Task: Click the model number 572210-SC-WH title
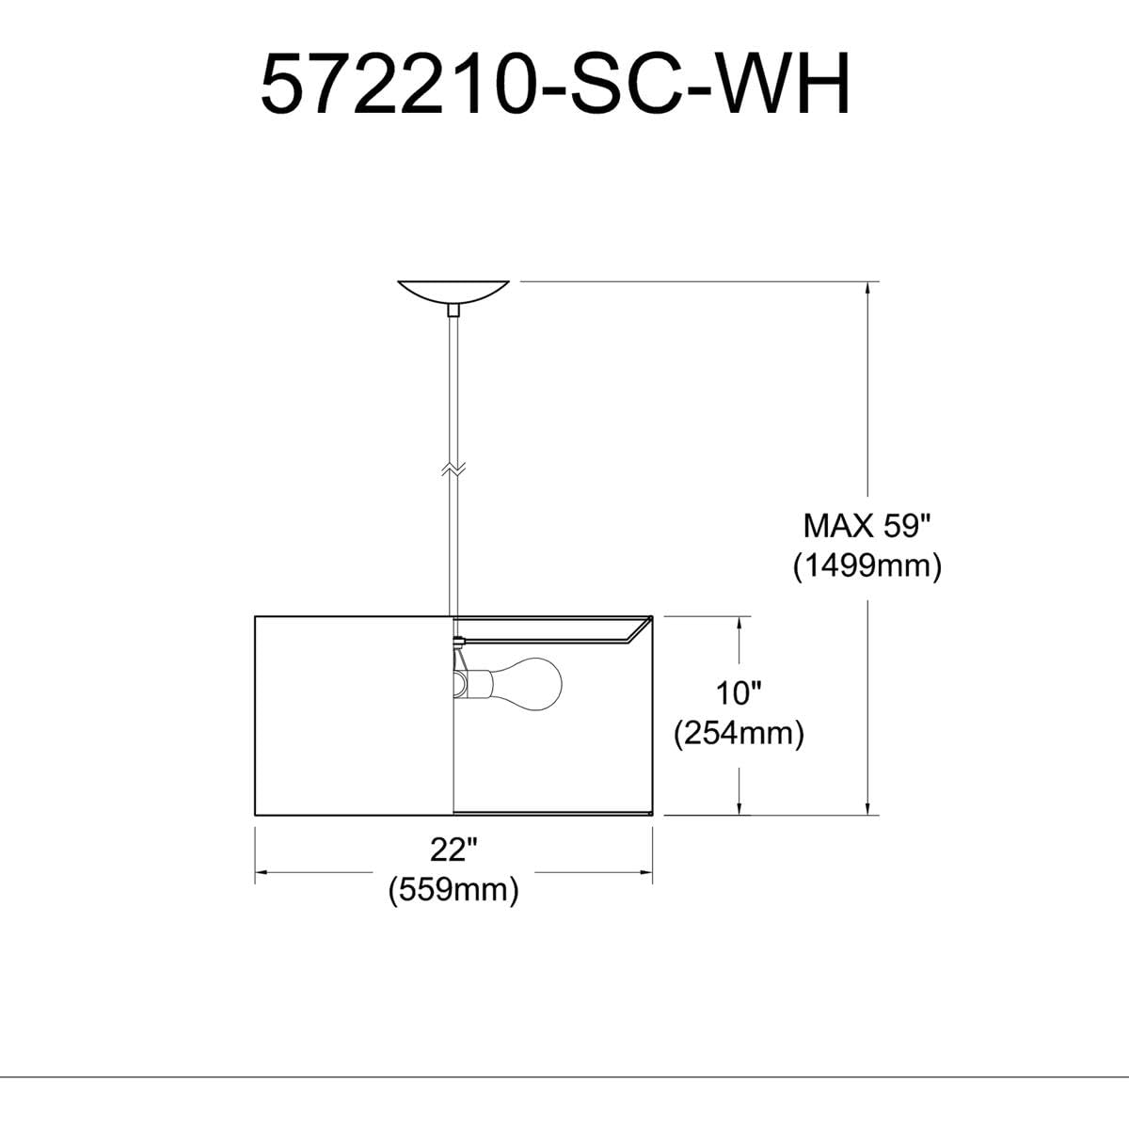pos(555,85)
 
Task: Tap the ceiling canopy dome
pos(453,290)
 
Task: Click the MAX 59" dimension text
pos(866,525)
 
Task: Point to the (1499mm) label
pos(866,566)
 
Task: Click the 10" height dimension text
pos(739,694)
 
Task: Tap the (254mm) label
pos(739,734)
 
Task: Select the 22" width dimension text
pos(454,850)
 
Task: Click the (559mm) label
pos(454,889)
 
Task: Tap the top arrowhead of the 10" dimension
pos(742,625)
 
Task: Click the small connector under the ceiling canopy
pos(453,309)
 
